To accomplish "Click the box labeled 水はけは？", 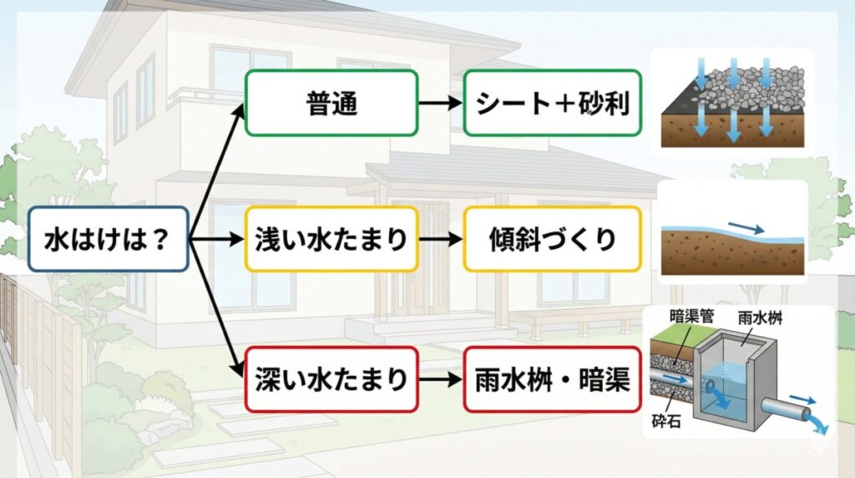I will pyautogui.click(x=108, y=239).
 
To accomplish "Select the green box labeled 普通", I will pyautogui.click(x=331, y=103).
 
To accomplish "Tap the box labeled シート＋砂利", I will pyautogui.click(x=552, y=103).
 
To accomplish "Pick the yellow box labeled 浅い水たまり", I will pyautogui.click(x=331, y=239).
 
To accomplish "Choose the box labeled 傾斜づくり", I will pyautogui.click(x=552, y=239).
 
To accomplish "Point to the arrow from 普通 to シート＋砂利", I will pyautogui.click(x=440, y=104).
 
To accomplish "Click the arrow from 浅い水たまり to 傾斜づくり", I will pyautogui.click(x=440, y=240).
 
